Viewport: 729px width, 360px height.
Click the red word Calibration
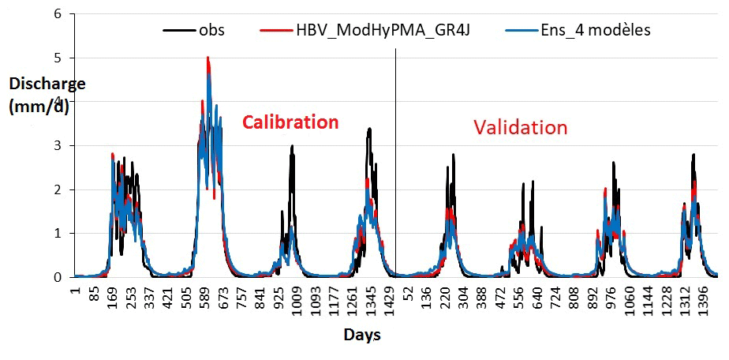290,122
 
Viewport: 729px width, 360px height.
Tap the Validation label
520,127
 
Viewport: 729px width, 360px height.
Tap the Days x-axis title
362,335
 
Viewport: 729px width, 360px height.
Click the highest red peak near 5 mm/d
207,58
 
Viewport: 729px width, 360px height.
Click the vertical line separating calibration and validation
395,158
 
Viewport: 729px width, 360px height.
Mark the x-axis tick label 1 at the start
76,291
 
